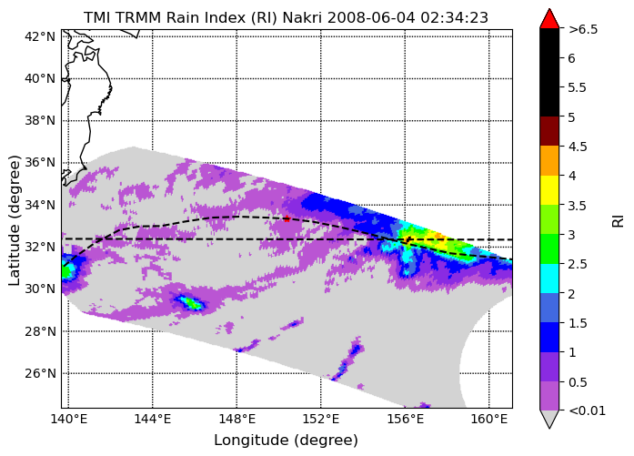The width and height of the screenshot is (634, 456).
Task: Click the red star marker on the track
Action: pyautogui.click(x=287, y=218)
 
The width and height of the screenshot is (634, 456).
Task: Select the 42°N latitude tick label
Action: pyautogui.click(x=40, y=36)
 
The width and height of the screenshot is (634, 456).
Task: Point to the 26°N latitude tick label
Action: pyautogui.click(x=40, y=373)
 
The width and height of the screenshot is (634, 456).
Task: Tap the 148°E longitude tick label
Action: pyautogui.click(x=236, y=420)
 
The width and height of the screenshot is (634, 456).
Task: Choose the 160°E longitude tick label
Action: pyautogui.click(x=488, y=420)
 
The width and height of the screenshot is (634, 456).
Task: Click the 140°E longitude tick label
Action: pyautogui.click(x=68, y=420)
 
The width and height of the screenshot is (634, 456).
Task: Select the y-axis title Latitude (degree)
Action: pyautogui.click(x=14, y=220)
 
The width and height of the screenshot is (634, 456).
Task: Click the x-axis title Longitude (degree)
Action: pyautogui.click(x=286, y=441)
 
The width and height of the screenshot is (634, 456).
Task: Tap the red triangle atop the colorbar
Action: pyautogui.click(x=549, y=19)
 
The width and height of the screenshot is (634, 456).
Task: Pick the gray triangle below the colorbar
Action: pyautogui.click(x=549, y=419)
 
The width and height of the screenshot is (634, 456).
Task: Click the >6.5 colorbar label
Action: pyautogui.click(x=583, y=29)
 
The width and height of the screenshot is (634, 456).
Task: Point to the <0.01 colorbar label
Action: pyautogui.click(x=587, y=410)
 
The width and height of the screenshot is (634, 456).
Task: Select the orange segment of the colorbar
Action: pyautogui.click(x=549, y=160)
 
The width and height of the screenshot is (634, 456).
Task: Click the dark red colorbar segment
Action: pyautogui.click(x=549, y=131)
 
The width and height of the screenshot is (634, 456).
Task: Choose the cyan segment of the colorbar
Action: pyautogui.click(x=549, y=279)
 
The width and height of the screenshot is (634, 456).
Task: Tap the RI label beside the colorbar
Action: pyautogui.click(x=618, y=221)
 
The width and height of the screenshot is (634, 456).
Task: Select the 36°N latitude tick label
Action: pyautogui.click(x=40, y=163)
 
